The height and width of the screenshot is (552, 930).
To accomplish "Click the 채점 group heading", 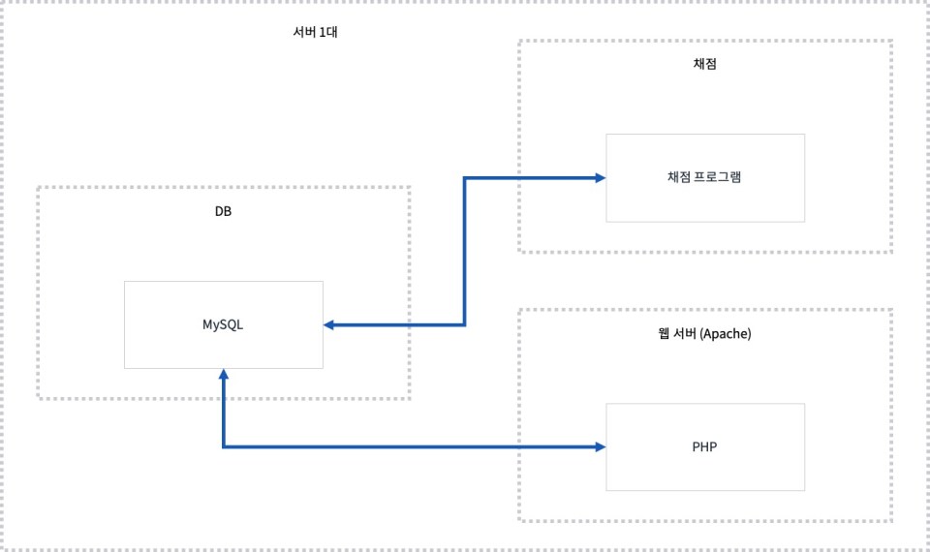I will [704, 64].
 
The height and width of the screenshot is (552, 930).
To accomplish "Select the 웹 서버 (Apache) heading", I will [704, 334].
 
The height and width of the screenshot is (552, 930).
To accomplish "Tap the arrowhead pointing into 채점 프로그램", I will [600, 177].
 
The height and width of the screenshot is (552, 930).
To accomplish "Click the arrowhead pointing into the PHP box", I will [600, 446].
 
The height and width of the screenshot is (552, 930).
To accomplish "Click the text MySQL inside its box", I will [223, 324].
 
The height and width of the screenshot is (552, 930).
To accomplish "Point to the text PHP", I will [705, 446].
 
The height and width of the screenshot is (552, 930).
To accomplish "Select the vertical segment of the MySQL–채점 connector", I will [465, 252].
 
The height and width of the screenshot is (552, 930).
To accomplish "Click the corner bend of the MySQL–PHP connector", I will [224, 446].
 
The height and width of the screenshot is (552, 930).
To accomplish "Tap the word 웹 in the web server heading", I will [663, 334].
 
